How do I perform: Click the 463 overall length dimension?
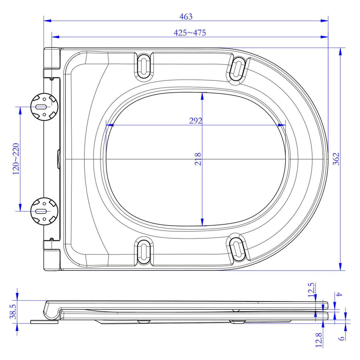tap(186, 17)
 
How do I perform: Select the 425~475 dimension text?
tap(189, 33)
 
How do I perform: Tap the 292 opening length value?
tap(195, 121)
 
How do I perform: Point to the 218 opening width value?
tap(198, 159)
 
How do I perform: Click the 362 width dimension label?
tap(336, 159)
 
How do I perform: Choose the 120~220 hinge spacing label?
tap(16, 159)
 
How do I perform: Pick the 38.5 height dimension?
tap(13, 311)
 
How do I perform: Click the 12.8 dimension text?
tap(319, 340)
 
